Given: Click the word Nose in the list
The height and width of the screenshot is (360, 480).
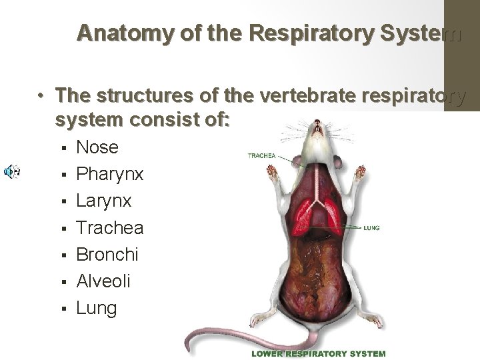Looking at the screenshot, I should [x=97, y=147].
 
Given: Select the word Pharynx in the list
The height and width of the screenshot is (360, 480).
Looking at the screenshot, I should [x=110, y=174].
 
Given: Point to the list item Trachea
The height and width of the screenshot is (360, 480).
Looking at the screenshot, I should [x=110, y=227].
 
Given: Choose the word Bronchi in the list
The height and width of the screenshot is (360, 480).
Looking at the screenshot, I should [x=107, y=254].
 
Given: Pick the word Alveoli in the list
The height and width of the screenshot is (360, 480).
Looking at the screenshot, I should [x=103, y=281].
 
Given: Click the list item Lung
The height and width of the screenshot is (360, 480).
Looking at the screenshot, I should [x=97, y=309].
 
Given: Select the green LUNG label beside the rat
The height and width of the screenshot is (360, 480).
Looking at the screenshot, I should [x=372, y=228].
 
